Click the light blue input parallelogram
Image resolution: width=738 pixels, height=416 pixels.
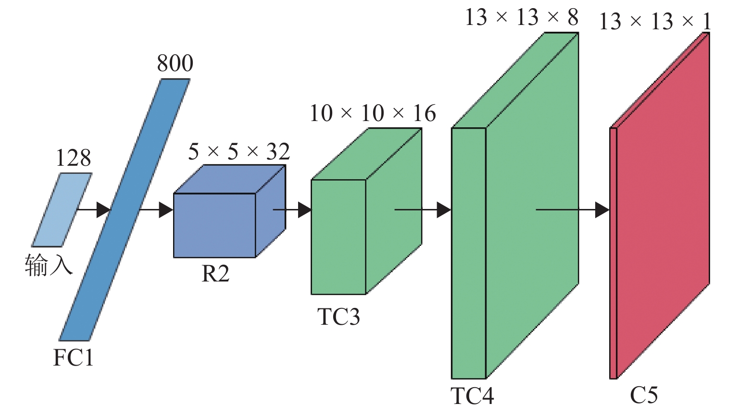click(62, 209)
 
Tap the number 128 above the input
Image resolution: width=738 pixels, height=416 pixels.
click(73, 158)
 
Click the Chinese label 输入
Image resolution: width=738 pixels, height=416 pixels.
click(49, 265)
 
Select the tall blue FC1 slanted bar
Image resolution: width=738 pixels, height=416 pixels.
click(125, 209)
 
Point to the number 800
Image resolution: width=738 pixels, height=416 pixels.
click(175, 63)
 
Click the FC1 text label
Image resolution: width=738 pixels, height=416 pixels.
click(73, 357)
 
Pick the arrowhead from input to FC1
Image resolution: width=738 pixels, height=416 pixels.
click(103, 209)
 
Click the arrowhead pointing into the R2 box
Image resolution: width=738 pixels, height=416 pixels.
click(165, 209)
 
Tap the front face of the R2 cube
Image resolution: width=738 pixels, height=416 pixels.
click(214, 225)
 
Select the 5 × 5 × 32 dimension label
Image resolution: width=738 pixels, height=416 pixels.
click(239, 152)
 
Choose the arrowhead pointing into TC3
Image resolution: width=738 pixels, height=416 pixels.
click(304, 209)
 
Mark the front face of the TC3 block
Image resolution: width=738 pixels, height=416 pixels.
click(338, 237)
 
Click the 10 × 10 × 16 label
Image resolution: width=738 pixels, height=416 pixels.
click(373, 113)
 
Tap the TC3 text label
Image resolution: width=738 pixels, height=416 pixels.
click(338, 317)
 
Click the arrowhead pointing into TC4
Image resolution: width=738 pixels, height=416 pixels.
click(443, 209)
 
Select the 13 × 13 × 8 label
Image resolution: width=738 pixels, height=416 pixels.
click(522, 18)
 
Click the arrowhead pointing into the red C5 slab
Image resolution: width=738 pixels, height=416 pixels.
click(602, 209)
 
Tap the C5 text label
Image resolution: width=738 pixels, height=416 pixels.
click(644, 395)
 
